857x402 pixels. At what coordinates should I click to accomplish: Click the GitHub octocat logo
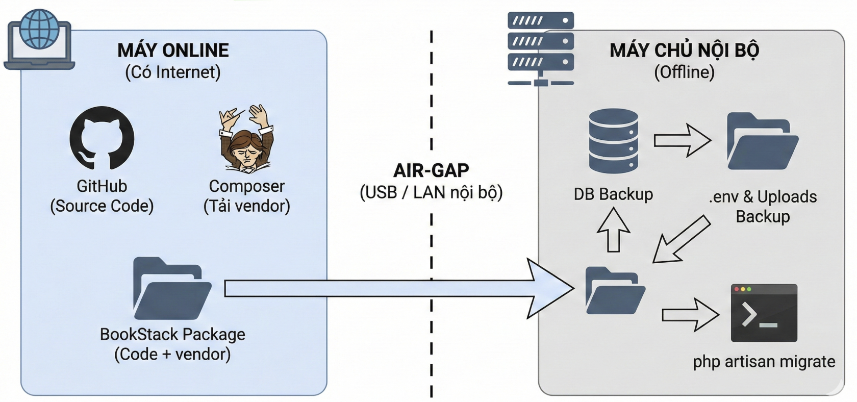pos(102,138)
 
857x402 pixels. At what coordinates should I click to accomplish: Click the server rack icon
pos(541,48)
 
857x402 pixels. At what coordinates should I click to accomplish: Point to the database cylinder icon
pos(613,141)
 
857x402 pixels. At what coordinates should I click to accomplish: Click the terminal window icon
pos(764,313)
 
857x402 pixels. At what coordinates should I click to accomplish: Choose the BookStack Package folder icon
pos(172,289)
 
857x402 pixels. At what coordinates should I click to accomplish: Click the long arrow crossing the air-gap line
pos(398,289)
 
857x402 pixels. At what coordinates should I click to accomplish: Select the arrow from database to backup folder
pos(683,140)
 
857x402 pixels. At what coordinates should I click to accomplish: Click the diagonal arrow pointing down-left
pos(681,239)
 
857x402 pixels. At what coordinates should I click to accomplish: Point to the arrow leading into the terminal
pos(690,314)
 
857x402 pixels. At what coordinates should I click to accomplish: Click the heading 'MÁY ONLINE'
pos(173,51)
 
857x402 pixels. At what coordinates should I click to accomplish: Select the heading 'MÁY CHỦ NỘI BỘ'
pos(684,51)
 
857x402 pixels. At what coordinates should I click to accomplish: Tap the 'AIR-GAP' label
pos(431,170)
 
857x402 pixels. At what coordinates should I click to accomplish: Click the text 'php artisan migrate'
pos(764,362)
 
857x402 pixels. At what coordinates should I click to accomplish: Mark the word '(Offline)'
pos(684,72)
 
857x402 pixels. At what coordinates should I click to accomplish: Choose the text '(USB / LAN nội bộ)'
pos(431,192)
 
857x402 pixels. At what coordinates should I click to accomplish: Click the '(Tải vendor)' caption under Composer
pos(247,206)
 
